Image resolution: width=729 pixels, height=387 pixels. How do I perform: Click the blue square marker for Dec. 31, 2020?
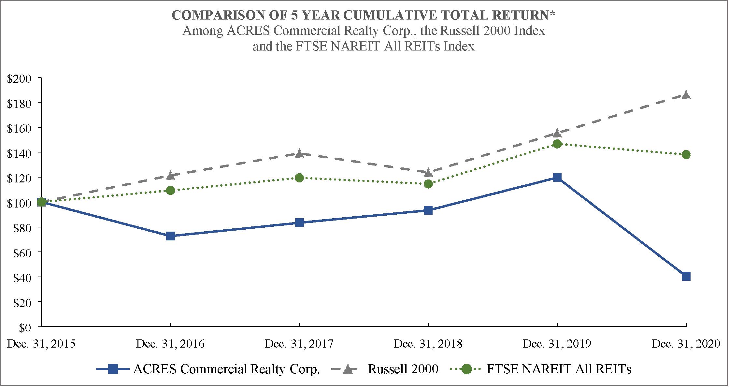point(686,277)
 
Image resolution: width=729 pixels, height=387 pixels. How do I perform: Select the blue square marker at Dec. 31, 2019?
point(557,178)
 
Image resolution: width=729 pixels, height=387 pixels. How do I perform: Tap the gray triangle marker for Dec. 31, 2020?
point(686,94)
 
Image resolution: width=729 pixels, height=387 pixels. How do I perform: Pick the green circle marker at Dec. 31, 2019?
point(557,144)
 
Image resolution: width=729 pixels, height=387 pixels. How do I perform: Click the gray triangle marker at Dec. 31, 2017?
point(299,153)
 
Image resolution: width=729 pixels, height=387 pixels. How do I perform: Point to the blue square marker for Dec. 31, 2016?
point(170,236)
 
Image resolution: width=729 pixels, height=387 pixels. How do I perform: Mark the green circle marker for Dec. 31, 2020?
point(686,154)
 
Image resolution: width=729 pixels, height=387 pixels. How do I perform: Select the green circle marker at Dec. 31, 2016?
point(170,190)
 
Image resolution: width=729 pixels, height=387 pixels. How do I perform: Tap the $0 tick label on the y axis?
point(25,328)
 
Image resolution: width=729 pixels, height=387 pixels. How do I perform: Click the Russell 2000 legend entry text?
point(403,369)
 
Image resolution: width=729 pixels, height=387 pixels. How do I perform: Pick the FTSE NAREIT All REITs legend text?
point(559,369)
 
